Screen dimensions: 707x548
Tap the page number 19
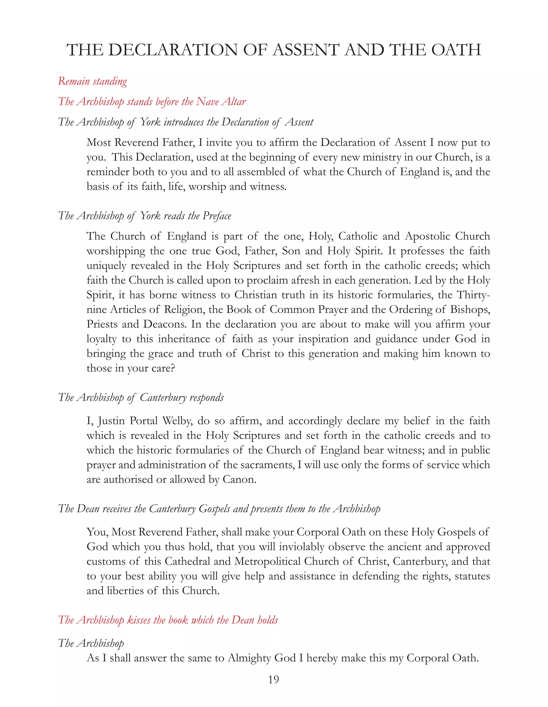[x=274, y=679]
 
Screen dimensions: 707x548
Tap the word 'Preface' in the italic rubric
[x=217, y=216]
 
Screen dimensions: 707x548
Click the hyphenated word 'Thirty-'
[x=473, y=295]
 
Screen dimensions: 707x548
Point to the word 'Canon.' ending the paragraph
[x=239, y=479]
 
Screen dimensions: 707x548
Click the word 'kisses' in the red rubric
[x=139, y=620]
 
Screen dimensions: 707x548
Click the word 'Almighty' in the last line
[x=249, y=658]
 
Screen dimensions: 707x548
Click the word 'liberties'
[x=124, y=591]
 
